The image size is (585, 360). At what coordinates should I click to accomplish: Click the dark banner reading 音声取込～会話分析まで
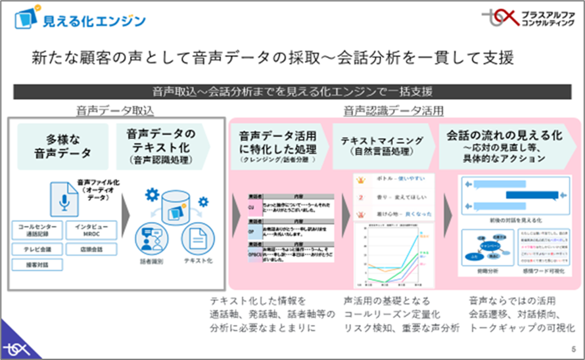[292, 91]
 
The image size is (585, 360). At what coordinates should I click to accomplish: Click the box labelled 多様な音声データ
[63, 146]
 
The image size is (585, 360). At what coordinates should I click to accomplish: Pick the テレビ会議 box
[37, 249]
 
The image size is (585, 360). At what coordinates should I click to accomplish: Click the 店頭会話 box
[91, 249]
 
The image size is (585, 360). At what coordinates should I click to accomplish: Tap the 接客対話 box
[37, 265]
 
